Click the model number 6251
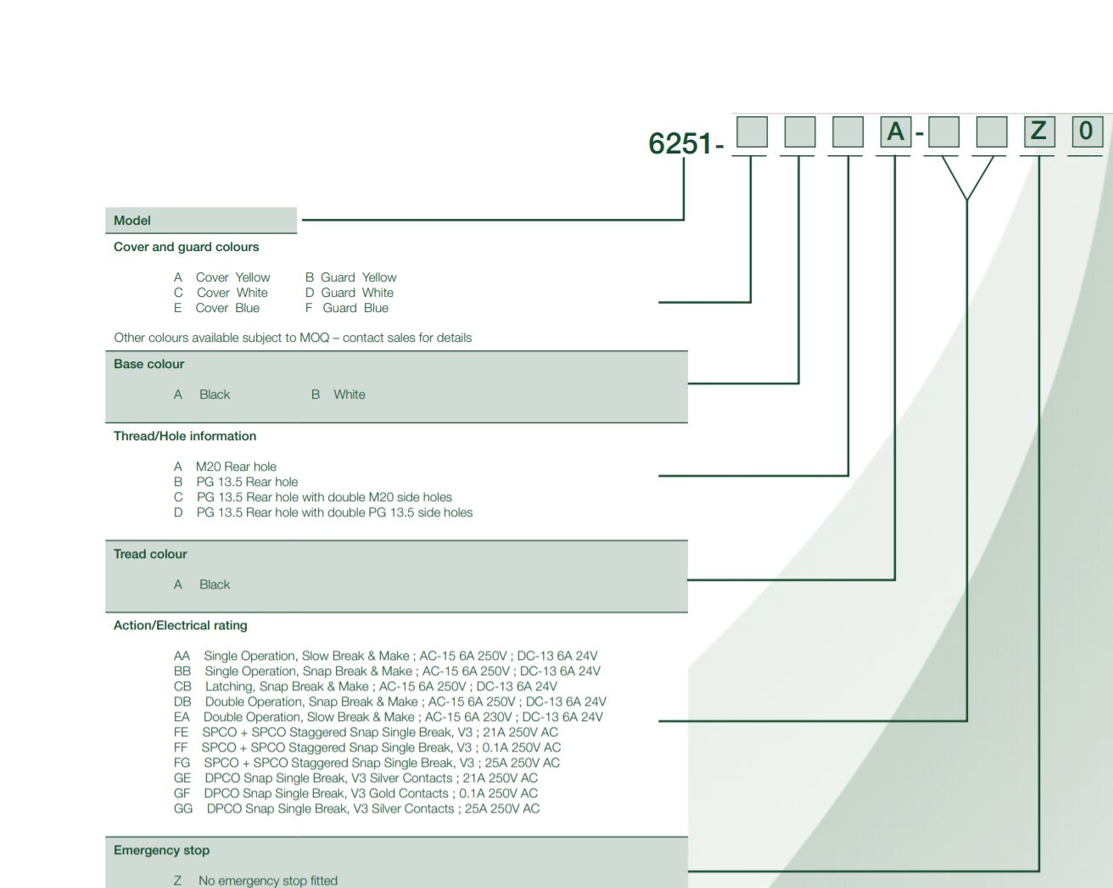tap(680, 143)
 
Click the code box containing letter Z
tap(1037, 131)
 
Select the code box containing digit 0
tap(1086, 131)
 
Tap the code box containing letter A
tap(895, 132)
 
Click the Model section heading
tap(132, 221)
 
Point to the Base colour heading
tap(148, 364)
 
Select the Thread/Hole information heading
tap(185, 436)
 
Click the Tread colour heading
tap(150, 554)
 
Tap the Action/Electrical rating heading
tap(181, 625)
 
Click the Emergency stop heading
tap(161, 850)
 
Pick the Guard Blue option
tap(355, 308)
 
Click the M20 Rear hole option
tap(235, 466)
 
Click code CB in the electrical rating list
tap(182, 686)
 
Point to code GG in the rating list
tap(183, 808)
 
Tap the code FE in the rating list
tap(182, 732)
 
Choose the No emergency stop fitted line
tap(267, 880)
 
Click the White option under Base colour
tap(349, 394)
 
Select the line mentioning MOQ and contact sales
tap(293, 338)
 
